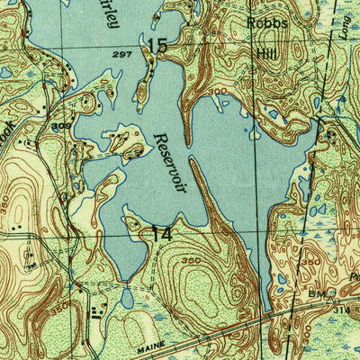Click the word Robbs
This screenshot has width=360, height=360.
(x=267, y=23)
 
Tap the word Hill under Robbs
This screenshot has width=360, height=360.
(x=267, y=54)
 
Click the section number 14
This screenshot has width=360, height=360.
(x=161, y=233)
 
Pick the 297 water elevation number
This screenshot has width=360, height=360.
(x=122, y=56)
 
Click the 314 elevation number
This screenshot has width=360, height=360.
(x=341, y=309)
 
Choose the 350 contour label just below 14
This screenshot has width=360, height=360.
(x=190, y=261)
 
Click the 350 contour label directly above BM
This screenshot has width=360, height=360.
(x=311, y=262)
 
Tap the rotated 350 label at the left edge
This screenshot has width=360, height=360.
(x=6, y=202)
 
